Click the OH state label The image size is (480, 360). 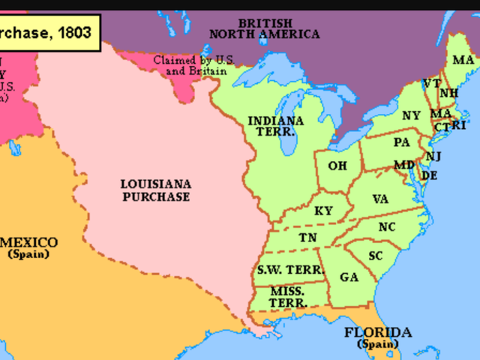click(x=337, y=165)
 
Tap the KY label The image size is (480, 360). click(x=323, y=211)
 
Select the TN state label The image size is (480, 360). click(x=307, y=238)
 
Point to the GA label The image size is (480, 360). click(x=349, y=277)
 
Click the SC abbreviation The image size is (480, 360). click(x=376, y=256)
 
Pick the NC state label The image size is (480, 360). click(x=387, y=226)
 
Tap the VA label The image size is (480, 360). click(x=379, y=199)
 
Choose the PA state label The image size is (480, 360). click(x=401, y=142)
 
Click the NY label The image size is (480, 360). click(x=411, y=115)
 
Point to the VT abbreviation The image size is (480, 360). click(x=431, y=83)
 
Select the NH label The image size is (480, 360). click(x=448, y=93)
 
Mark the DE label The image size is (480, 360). click(x=429, y=175)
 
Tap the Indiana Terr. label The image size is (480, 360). click(x=275, y=125)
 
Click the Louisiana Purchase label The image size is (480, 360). click(x=155, y=190)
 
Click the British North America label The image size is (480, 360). click(x=264, y=28)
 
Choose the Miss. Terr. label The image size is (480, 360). click(x=288, y=296)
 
